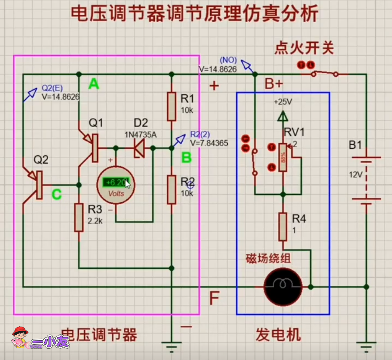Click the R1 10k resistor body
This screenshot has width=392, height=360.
(171, 107)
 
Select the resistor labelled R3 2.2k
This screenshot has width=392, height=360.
(79, 217)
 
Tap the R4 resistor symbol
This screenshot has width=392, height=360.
(283, 227)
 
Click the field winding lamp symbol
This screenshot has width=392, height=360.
(283, 286)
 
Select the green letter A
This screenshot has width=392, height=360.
(93, 83)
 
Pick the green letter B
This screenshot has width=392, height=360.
(186, 157)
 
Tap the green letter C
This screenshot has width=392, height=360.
(56, 194)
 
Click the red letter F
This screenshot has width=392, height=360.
(215, 297)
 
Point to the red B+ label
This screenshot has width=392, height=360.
(273, 84)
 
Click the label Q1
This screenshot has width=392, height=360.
(96, 123)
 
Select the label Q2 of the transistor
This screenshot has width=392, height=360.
(42, 160)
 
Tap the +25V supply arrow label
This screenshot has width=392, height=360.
(283, 102)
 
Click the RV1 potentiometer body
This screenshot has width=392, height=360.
(283, 157)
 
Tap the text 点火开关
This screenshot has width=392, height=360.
(304, 48)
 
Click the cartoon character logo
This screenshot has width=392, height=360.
(19, 337)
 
